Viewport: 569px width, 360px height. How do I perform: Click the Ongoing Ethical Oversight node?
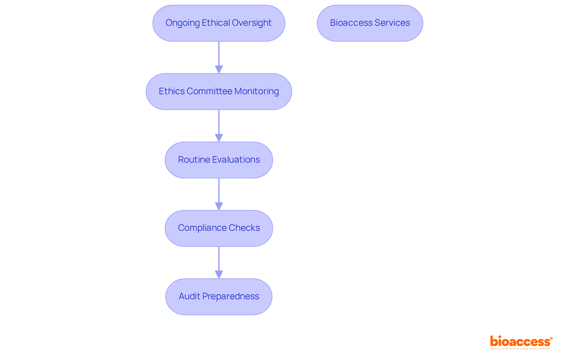coord(219,23)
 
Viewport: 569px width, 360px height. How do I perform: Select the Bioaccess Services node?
coord(370,23)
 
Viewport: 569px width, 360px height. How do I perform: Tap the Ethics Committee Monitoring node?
coord(219,92)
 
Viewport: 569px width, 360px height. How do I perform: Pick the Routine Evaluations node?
coord(219,160)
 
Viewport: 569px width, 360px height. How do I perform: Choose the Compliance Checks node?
coord(219,228)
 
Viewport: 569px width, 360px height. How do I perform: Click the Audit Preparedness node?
coord(219,297)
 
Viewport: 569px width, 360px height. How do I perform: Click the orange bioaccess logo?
coord(521,341)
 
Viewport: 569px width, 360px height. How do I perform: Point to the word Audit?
coord(189,296)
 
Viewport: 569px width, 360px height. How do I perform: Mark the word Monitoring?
coord(257,91)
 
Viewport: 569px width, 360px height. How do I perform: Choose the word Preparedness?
coord(231,296)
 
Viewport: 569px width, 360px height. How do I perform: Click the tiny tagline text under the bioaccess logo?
coord(520,349)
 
